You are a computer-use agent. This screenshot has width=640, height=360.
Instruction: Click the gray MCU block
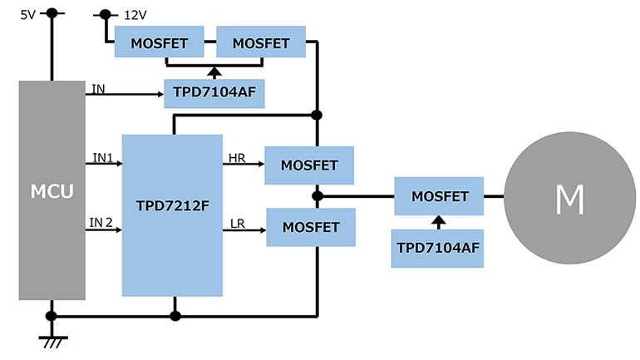click(x=52, y=190)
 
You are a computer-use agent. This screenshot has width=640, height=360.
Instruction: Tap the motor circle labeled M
click(x=569, y=199)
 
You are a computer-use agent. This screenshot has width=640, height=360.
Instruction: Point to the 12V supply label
click(x=135, y=15)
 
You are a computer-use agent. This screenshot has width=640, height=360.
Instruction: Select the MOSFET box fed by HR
click(x=309, y=165)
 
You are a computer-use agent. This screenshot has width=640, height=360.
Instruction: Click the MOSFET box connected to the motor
click(x=439, y=197)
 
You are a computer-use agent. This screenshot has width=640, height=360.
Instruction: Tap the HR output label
click(x=236, y=156)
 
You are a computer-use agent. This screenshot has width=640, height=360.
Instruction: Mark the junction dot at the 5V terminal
click(x=52, y=13)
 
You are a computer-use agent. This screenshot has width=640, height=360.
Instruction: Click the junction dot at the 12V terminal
click(x=105, y=14)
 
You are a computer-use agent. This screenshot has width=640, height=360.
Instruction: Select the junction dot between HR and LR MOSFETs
click(x=317, y=196)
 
